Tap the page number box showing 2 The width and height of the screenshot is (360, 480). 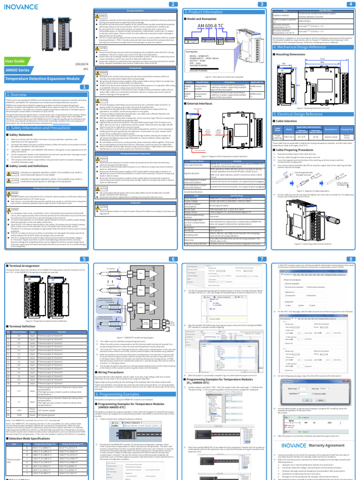coord(173,4)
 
